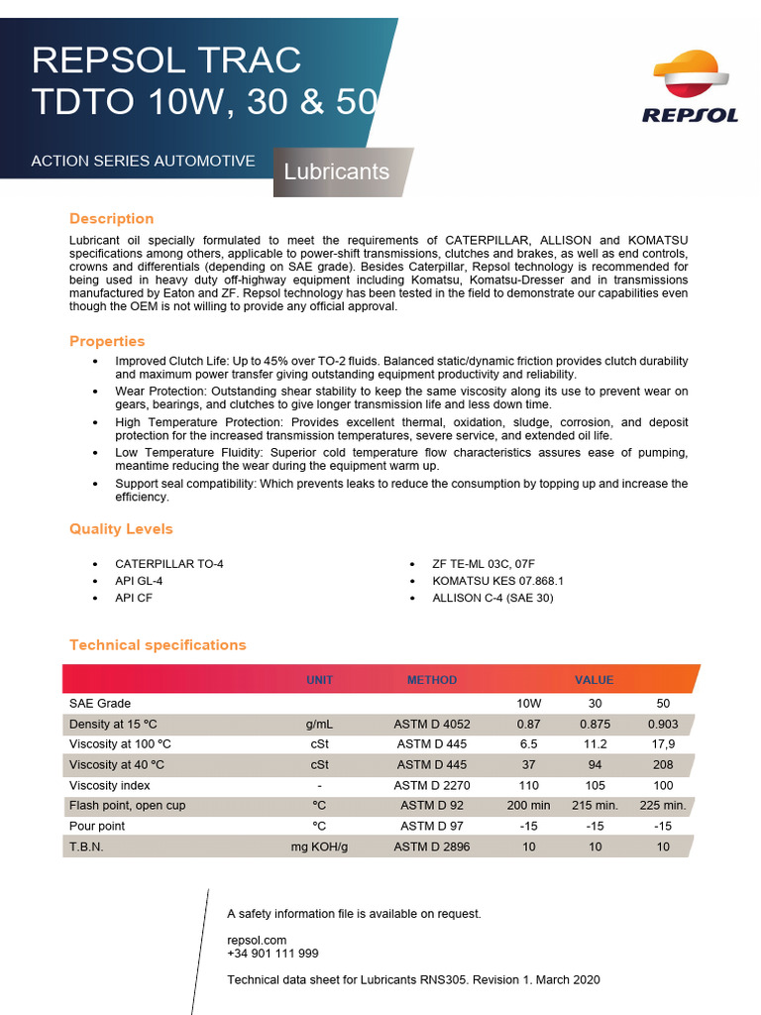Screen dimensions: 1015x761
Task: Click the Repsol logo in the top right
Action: pos(690,90)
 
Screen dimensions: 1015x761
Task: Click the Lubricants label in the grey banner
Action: pos(336,171)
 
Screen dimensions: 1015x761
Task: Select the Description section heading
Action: pos(111,219)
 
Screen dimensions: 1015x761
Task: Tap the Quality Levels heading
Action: pos(121,529)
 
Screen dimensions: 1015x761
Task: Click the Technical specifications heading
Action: pos(158,645)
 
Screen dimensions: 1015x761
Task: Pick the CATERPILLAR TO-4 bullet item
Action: pos(169,564)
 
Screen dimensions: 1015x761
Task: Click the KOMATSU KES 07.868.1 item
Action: pos(497,581)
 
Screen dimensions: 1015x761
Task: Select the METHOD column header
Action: pos(432,680)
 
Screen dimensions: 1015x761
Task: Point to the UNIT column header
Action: pos(320,680)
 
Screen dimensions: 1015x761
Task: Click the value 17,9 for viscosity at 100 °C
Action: pos(663,744)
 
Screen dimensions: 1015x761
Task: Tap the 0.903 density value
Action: pos(663,725)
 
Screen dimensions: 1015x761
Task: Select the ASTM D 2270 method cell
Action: pos(432,785)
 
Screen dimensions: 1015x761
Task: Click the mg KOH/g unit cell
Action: pos(320,847)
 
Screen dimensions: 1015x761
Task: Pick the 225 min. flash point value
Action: pos(663,806)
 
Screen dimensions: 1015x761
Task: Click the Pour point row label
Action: pos(97,827)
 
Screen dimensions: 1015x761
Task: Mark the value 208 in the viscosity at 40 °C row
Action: pos(663,765)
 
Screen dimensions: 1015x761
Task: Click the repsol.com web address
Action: pos(257,940)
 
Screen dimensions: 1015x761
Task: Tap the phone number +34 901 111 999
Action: pos(272,954)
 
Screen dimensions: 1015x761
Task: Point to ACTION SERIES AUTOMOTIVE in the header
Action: pos(143,161)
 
